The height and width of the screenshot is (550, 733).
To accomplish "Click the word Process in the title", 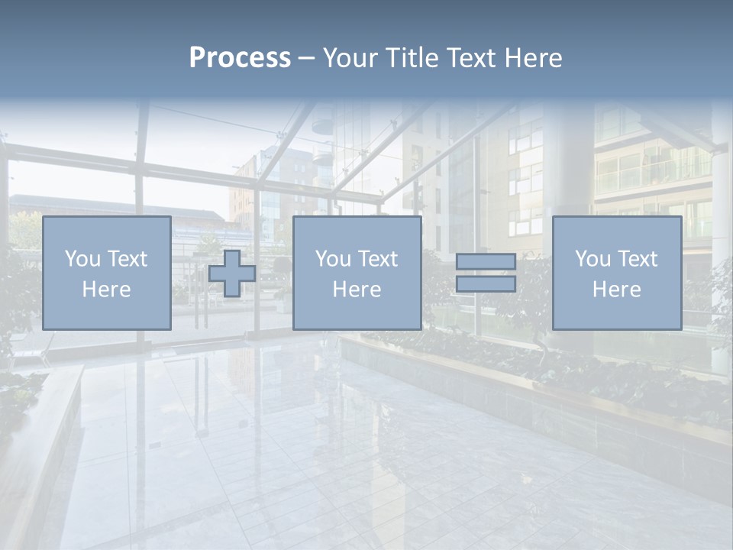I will [240, 58].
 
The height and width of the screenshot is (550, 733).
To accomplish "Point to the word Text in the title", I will [473, 58].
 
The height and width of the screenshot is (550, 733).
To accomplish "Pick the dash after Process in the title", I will [306, 59].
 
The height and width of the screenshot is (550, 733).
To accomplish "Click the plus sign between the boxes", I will [232, 273].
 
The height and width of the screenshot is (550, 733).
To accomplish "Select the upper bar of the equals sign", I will [486, 262].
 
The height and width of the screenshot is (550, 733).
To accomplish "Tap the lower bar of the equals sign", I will [486, 284].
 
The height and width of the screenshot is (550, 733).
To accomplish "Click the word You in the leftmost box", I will [82, 259].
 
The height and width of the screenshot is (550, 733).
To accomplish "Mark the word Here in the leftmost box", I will [106, 290].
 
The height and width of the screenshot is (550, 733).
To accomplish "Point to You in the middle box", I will [333, 259].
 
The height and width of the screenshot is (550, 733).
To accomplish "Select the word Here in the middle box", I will [357, 290].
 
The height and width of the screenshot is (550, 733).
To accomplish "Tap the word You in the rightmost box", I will [593, 259].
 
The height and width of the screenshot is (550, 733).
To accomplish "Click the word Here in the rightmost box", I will [616, 290].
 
